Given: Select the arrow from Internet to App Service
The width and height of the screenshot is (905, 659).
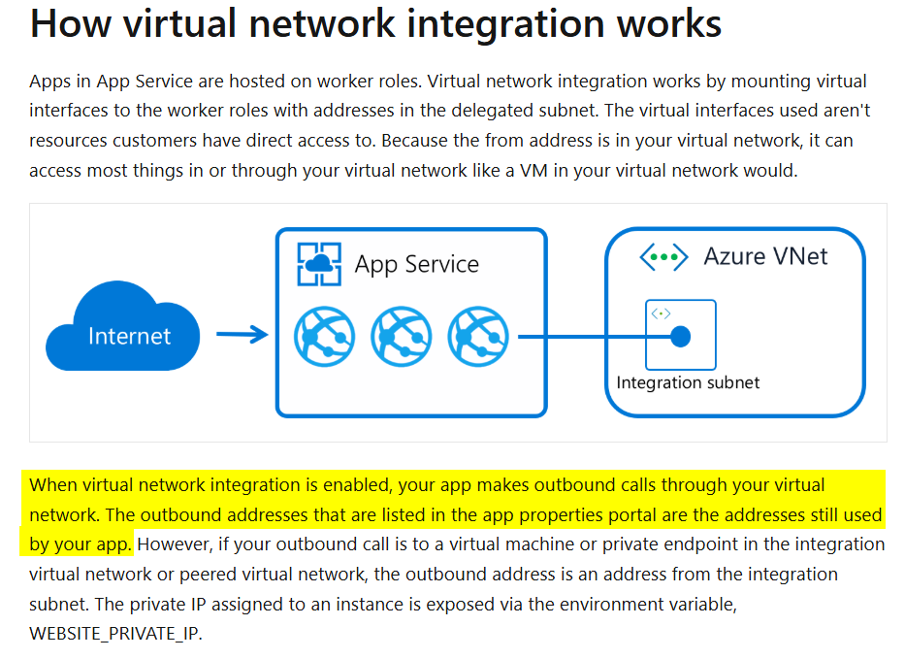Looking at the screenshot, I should tap(242, 336).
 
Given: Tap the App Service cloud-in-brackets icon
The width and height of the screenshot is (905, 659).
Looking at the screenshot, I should tap(319, 263).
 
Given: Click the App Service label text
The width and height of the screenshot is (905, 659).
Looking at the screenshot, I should tap(416, 264).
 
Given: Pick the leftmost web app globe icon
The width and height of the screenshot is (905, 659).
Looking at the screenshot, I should tap(324, 336).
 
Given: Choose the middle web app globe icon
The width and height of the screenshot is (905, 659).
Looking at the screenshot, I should tap(402, 336).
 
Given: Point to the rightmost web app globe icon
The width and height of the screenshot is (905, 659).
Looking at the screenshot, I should tap(478, 336).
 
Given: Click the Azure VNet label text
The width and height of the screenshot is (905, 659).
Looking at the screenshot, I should tap(766, 257).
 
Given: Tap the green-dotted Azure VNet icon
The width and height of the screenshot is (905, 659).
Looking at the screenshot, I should tap(663, 257).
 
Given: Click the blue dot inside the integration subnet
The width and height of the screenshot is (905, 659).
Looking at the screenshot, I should tap(681, 337).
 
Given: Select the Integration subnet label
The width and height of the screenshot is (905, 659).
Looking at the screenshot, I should tap(688, 382).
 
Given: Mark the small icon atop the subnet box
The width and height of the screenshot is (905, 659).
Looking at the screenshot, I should tap(662, 313).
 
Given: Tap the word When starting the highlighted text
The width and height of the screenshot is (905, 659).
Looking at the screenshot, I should tap(53, 484).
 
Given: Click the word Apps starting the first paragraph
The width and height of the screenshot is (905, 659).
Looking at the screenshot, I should tap(49, 81).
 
